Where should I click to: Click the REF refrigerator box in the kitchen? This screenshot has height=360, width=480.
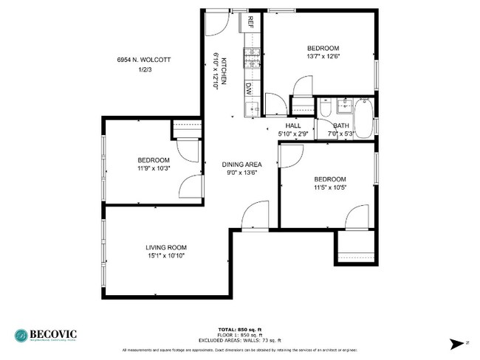pyautogui.click(x=250, y=21)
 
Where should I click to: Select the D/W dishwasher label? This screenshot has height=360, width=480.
pyautogui.click(x=250, y=88)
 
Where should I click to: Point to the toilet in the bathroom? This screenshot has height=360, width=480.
pyautogui.click(x=326, y=110)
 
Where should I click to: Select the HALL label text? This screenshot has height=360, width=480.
pyautogui.click(x=292, y=126)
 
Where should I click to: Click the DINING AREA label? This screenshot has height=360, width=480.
pyautogui.click(x=243, y=165)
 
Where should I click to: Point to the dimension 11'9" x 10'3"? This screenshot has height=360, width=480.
pyautogui.click(x=154, y=168)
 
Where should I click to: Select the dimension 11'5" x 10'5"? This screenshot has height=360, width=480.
pyautogui.click(x=329, y=187)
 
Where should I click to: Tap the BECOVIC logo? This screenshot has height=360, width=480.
pyautogui.click(x=46, y=334)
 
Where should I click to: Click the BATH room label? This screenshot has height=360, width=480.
pyautogui.click(x=342, y=126)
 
